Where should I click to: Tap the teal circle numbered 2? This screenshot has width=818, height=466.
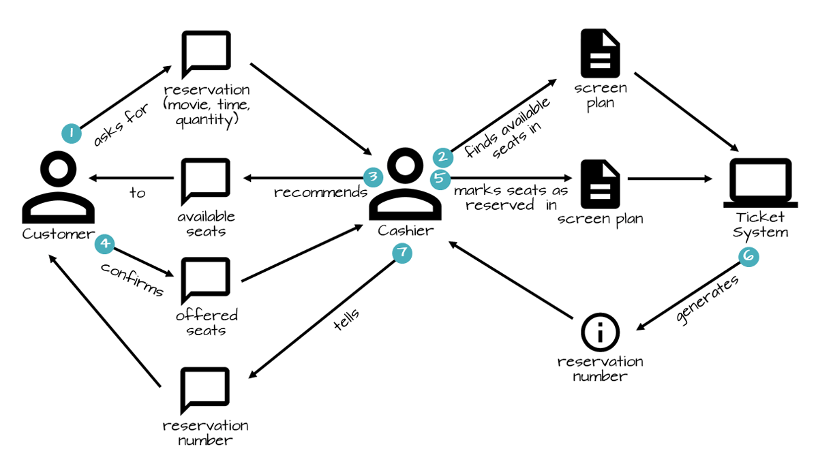[x=442, y=157]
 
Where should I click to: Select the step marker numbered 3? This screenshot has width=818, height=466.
[x=373, y=177]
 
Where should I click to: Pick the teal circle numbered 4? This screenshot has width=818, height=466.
[x=104, y=243]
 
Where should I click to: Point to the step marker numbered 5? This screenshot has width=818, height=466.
[x=441, y=180]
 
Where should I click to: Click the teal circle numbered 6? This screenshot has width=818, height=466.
[x=749, y=256]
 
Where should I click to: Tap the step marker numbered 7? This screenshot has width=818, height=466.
[x=402, y=253]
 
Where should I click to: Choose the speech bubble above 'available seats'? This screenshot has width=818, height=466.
[x=205, y=182]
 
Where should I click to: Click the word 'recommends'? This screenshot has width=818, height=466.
[x=320, y=193]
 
